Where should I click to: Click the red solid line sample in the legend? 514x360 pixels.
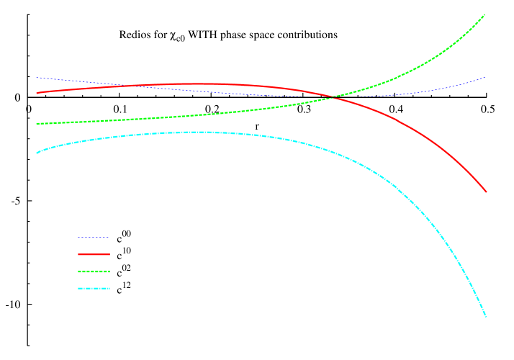pyautogui.click(x=94, y=254)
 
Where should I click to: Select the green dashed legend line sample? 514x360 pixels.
pyautogui.click(x=94, y=271)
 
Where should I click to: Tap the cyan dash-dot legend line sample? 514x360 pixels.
pyautogui.click(x=94, y=289)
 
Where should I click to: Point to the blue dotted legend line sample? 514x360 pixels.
pyautogui.click(x=94, y=237)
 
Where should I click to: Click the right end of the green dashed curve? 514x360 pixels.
pyautogui.click(x=484, y=14)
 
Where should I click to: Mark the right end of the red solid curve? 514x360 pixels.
pyautogui.click(x=487, y=192)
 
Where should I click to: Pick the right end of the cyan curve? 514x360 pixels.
pyautogui.click(x=487, y=316)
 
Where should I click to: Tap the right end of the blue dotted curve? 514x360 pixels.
pyautogui.click(x=485, y=77)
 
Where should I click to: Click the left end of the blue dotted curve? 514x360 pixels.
pyautogui.click(x=37, y=78)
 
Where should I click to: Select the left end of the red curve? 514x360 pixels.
pyautogui.click(x=37, y=93)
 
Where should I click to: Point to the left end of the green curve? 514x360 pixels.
pyautogui.click(x=37, y=124)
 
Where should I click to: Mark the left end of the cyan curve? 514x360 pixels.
pyautogui.click(x=37, y=153)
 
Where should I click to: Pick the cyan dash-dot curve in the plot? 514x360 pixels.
pyautogui.click(x=288, y=140)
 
